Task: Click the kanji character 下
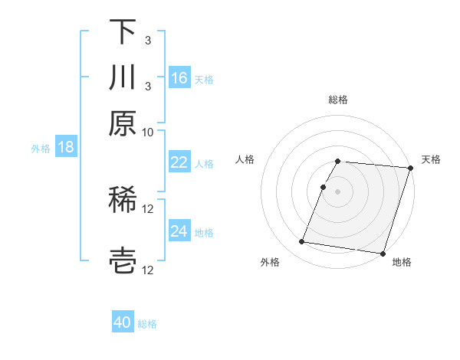click(123, 32)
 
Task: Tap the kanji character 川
click(123, 78)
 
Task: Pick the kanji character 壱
click(123, 260)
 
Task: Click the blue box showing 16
click(179, 78)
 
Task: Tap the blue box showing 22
click(179, 162)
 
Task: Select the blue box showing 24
click(179, 231)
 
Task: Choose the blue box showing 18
click(66, 147)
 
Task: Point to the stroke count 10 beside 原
click(148, 132)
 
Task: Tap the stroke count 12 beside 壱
click(148, 270)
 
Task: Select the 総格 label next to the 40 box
click(147, 324)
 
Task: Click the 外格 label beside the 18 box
click(41, 148)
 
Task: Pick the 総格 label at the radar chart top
click(337, 100)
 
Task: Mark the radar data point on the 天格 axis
click(410, 168)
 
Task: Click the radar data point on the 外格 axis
click(302, 242)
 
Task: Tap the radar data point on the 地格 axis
click(383, 253)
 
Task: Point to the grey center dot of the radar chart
click(337, 191)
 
